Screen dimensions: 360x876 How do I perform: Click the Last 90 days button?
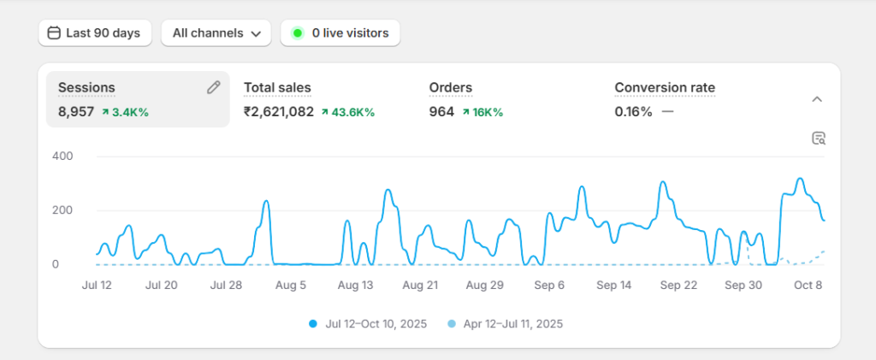coord(95,33)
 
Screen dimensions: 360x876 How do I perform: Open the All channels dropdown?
coord(216,33)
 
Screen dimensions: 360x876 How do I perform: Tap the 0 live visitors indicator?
coord(340,33)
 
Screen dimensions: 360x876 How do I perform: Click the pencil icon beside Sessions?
coord(214,87)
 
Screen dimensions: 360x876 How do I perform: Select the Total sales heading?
coord(277,87)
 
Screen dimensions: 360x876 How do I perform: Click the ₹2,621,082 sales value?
coord(279,112)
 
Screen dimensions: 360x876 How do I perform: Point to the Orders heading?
coord(450,87)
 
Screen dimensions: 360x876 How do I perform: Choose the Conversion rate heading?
coord(665,87)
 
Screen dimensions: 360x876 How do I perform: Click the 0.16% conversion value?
coord(633,112)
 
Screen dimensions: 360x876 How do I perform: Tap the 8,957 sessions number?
coord(76,112)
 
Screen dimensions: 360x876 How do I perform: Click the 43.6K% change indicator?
coord(348,112)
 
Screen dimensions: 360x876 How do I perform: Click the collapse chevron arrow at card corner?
coord(817,99)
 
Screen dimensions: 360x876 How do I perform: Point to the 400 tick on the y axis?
coord(62,156)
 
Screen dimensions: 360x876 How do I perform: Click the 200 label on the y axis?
coord(62,210)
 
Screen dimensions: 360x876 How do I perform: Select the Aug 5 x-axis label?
coord(291,286)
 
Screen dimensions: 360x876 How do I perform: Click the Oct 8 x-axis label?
coord(807,286)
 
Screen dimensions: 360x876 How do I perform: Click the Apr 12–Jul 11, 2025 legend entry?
coord(506,324)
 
